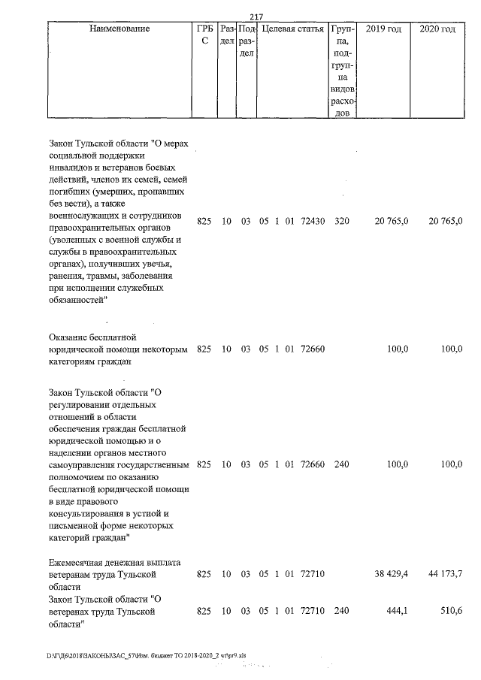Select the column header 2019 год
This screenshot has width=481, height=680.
pyautogui.click(x=383, y=29)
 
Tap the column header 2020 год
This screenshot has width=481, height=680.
pyautogui.click(x=437, y=29)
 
